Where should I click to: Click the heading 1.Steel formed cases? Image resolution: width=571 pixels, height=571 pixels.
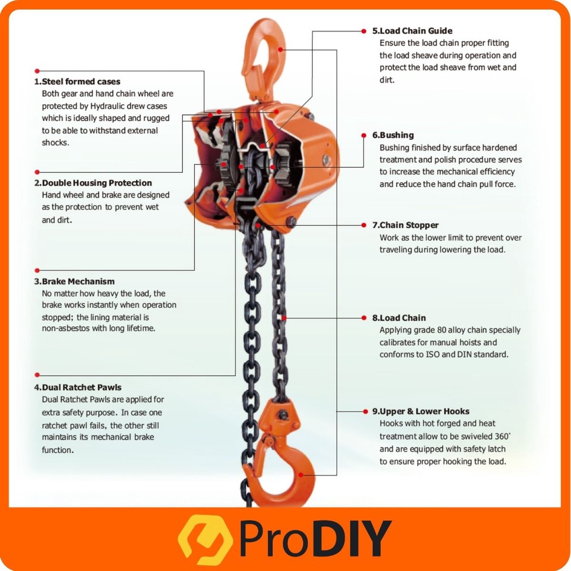click(77, 81)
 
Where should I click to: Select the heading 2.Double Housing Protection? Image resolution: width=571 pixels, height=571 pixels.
click(93, 183)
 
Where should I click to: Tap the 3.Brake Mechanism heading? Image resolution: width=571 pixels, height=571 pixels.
click(74, 281)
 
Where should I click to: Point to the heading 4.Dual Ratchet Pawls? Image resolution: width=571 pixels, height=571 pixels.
click(78, 387)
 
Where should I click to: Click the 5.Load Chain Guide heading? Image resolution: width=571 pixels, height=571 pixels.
click(412, 31)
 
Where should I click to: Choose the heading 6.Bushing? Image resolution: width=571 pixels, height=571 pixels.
click(393, 135)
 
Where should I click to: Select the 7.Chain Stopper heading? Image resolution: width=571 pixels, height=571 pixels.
click(405, 225)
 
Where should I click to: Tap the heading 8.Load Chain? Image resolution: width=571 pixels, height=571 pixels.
click(399, 318)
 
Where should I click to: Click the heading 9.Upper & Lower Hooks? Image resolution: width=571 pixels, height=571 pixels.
click(420, 411)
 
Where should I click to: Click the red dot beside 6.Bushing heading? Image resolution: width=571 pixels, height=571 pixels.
click(364, 136)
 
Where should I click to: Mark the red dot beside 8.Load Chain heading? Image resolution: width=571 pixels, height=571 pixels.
click(364, 318)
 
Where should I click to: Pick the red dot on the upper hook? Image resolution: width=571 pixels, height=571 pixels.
click(280, 50)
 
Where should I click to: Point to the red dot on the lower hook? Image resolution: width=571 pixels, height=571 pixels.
click(301, 475)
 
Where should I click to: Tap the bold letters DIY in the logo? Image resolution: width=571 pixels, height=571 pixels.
click(355, 538)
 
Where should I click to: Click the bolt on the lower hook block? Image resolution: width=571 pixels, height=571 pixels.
click(283, 415)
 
